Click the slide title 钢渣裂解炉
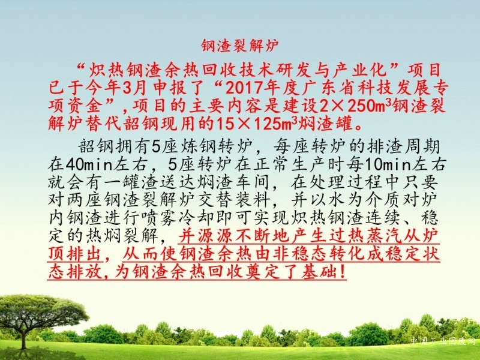coord(239,46)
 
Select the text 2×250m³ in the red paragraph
coord(355,106)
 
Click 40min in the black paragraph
coord(89,166)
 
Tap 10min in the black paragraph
coord(387,166)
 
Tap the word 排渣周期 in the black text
coord(403,148)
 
